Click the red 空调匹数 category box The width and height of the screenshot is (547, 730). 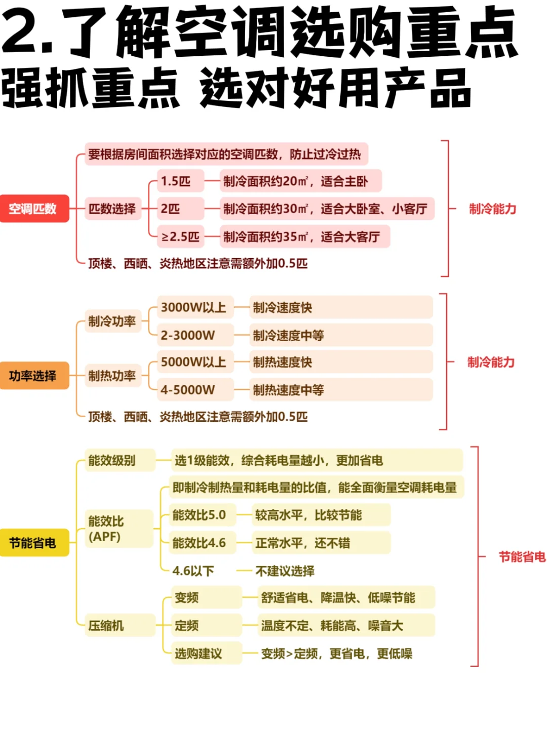pyautogui.click(x=33, y=208)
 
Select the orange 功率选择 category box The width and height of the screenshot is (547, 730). pyautogui.click(x=33, y=376)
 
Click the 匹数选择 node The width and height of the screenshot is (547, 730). pyautogui.click(x=112, y=208)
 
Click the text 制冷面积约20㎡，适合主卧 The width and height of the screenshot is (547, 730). pyautogui.click(x=296, y=181)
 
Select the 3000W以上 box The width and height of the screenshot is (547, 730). pyautogui.click(x=194, y=307)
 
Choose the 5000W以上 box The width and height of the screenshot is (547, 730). pyautogui.click(x=194, y=362)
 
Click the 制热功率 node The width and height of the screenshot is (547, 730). pyautogui.click(x=112, y=376)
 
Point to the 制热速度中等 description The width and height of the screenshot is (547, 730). pyautogui.click(x=289, y=390)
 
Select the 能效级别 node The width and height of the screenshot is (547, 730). pyautogui.click(x=112, y=460)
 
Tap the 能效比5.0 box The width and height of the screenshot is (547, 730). pyautogui.click(x=200, y=515)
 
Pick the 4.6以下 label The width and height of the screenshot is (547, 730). pyautogui.click(x=193, y=571)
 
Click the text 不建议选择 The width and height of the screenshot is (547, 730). pyautogui.click(x=285, y=571)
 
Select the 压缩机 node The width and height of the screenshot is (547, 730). pyautogui.click(x=107, y=626)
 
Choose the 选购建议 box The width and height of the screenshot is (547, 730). pyautogui.click(x=199, y=653)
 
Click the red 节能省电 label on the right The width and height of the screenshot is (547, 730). pyautogui.click(x=522, y=557)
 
